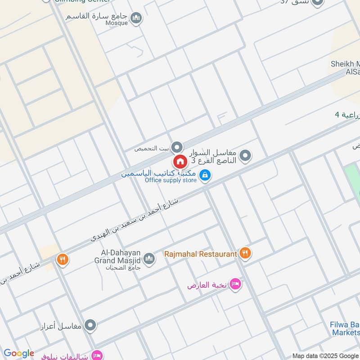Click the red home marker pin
[180, 161]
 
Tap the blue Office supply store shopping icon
[205, 175]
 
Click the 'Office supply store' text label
[171, 180]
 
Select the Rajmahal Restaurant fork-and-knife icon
[245, 253]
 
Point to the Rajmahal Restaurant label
[200, 254]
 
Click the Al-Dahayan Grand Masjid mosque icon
[149, 259]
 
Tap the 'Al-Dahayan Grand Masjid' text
[117, 256]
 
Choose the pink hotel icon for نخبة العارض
[235, 284]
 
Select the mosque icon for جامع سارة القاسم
[136, 18]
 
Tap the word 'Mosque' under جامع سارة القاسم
[117, 23]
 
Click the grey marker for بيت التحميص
[177, 147]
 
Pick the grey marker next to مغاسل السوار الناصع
[245, 156]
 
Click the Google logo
[18, 353]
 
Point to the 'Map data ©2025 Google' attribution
[325, 356]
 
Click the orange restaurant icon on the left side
[62, 259]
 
